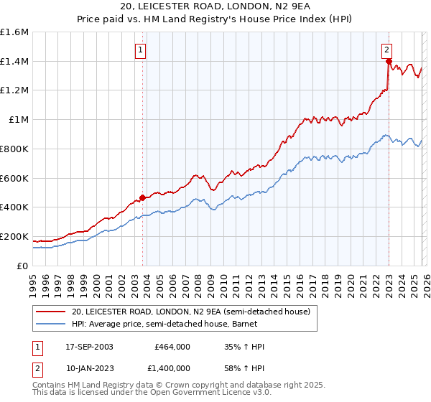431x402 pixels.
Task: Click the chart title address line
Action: click(215, 6)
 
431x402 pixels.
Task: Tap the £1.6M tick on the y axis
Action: click(14, 32)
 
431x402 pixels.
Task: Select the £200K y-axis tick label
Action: click(14, 236)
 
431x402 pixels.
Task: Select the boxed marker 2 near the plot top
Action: click(386, 50)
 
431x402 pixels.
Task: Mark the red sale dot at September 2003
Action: click(142, 197)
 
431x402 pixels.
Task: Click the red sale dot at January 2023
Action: click(389, 62)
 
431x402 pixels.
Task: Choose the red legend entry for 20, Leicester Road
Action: click(190, 312)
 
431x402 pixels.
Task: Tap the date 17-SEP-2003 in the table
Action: click(88, 347)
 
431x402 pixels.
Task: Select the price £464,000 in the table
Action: click(172, 347)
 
